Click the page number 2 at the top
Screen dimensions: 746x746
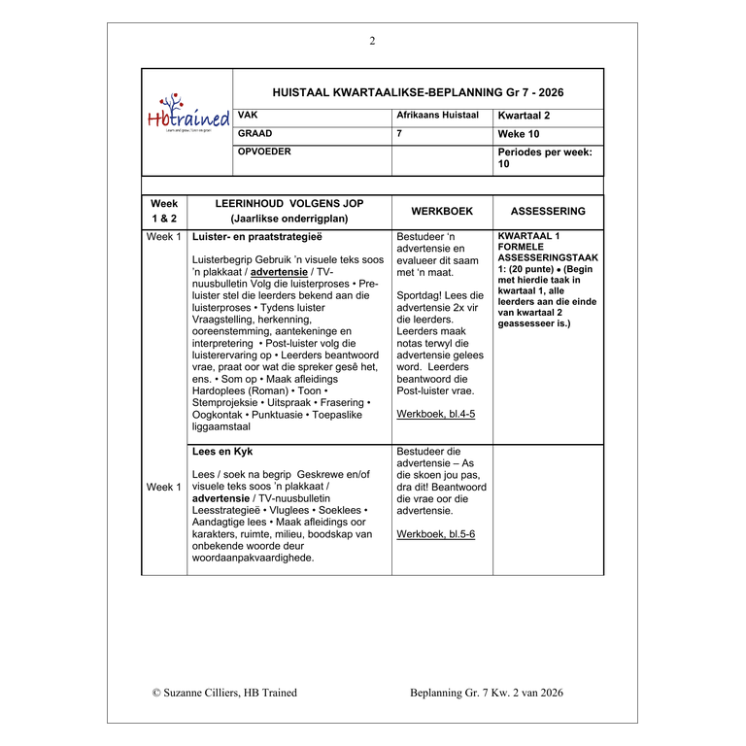pyautogui.click(x=372, y=41)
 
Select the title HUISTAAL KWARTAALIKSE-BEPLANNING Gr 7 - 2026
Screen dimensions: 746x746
pyautogui.click(x=418, y=92)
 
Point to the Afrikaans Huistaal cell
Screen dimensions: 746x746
pyautogui.click(x=438, y=115)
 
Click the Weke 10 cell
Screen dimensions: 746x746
pyautogui.click(x=519, y=134)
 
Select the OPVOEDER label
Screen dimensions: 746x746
pyautogui.click(x=264, y=152)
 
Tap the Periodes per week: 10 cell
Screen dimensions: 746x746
pyautogui.click(x=545, y=158)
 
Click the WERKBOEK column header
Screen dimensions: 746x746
pyautogui.click(x=442, y=211)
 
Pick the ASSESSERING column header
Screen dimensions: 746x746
pyautogui.click(x=548, y=211)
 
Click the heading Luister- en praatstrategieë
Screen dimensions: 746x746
pyautogui.click(x=257, y=236)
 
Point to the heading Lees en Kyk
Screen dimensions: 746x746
pyautogui.click(x=223, y=452)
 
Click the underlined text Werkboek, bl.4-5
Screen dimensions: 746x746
pyautogui.click(x=435, y=414)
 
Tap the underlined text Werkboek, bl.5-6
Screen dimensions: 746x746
pyautogui.click(x=435, y=533)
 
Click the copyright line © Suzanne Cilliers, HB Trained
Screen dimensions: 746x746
pyautogui.click(x=224, y=693)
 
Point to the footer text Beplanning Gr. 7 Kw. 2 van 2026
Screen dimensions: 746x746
pyautogui.click(x=487, y=693)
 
